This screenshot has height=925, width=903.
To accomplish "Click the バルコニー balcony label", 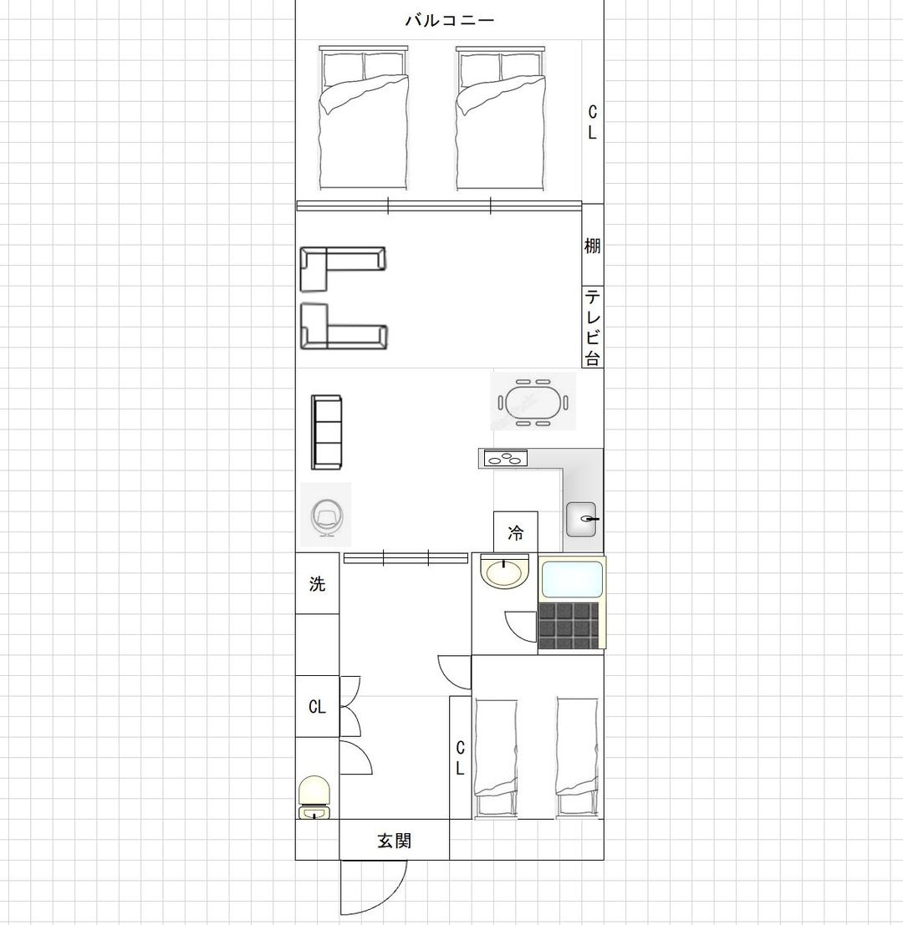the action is [449, 21].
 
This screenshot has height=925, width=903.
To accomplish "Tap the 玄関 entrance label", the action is [394, 840].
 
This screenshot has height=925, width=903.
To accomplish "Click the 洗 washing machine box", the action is [317, 583].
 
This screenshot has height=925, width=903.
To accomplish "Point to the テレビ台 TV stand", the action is [593, 327].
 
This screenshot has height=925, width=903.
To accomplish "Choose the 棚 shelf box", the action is [593, 245].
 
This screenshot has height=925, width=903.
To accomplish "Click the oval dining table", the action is [533, 402].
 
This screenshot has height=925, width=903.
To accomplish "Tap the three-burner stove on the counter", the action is [505, 458].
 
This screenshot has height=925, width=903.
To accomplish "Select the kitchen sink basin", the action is [581, 519].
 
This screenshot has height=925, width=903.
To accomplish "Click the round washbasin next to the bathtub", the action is [503, 572].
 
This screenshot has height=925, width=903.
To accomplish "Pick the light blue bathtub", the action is [571, 579].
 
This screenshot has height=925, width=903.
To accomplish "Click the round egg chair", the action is [326, 516].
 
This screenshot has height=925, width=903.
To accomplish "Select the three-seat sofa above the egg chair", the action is [327, 432].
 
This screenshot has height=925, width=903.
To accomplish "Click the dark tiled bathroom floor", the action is [569, 626].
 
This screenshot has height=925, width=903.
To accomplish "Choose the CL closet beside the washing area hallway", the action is [317, 706].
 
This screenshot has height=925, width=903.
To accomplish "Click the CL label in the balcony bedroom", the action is [593, 122].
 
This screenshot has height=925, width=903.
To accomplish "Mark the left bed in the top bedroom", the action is [364, 117].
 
